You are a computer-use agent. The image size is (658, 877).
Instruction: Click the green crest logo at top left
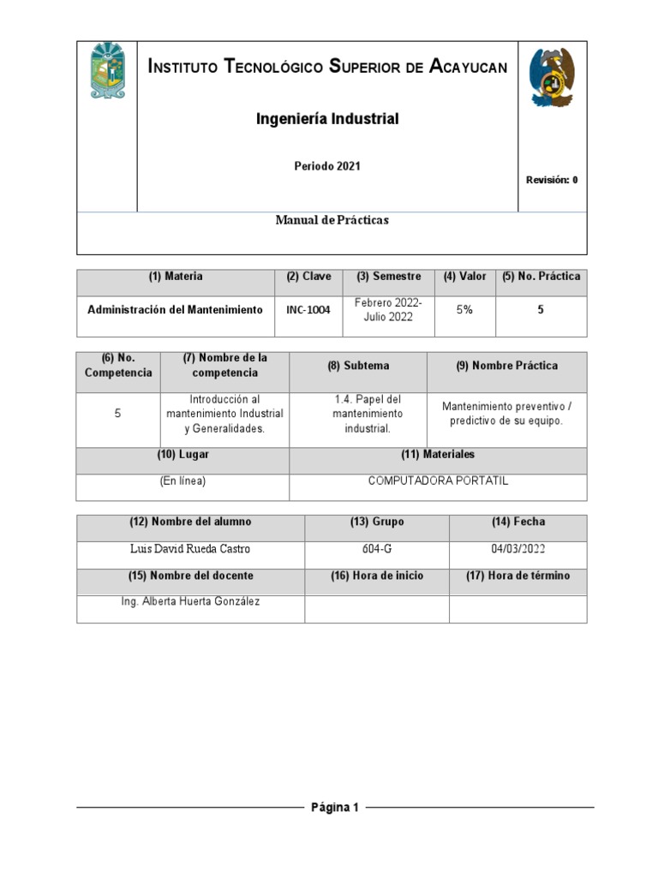click(x=108, y=70)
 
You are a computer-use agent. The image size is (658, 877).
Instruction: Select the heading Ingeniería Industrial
click(x=327, y=119)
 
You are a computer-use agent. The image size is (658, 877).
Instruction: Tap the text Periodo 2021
click(x=327, y=166)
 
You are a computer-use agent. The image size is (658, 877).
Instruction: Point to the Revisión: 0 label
click(x=552, y=180)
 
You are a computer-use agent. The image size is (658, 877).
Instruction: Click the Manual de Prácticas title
click(x=332, y=220)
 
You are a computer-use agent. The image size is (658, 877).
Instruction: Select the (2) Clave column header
click(x=308, y=277)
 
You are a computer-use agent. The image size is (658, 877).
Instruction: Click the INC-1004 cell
click(x=308, y=310)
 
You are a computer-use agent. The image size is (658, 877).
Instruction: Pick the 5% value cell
click(x=464, y=310)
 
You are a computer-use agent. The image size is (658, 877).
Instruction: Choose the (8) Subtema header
click(x=358, y=366)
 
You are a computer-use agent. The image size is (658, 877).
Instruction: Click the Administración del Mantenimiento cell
click(x=175, y=310)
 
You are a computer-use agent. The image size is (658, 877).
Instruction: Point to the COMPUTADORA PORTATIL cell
click(x=438, y=481)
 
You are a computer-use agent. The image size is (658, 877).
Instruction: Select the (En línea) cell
click(x=182, y=481)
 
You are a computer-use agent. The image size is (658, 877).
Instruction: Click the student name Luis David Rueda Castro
click(x=190, y=549)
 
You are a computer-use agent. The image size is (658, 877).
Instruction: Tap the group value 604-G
click(x=377, y=549)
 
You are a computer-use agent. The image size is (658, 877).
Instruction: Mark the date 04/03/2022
click(x=517, y=549)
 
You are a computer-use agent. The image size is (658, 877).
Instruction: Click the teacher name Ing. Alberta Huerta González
click(x=190, y=601)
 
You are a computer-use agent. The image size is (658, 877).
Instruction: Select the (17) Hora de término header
click(x=517, y=576)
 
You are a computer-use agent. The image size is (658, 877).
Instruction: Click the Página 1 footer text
click(x=335, y=807)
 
